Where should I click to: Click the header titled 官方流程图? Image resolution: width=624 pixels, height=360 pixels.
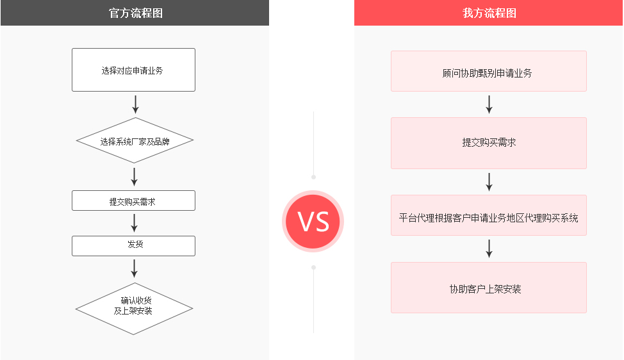click(135, 13)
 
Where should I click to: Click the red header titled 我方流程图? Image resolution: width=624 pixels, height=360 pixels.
click(488, 13)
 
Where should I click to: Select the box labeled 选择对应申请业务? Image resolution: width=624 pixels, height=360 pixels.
click(133, 70)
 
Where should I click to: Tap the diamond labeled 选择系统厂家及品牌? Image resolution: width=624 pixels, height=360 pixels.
click(135, 140)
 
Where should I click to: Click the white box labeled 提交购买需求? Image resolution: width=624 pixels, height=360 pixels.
click(133, 200)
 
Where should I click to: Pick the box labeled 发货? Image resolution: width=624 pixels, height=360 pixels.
click(133, 246)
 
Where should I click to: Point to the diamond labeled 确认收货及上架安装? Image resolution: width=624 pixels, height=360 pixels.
click(134, 309)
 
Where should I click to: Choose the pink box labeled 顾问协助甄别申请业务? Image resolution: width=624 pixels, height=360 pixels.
click(489, 71)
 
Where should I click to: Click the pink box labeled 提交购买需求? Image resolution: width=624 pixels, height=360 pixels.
click(489, 143)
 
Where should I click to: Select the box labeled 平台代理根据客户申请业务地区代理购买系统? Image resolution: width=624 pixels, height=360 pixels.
click(489, 215)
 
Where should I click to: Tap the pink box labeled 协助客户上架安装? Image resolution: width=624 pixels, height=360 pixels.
click(489, 288)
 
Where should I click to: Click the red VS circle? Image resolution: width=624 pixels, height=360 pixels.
click(313, 221)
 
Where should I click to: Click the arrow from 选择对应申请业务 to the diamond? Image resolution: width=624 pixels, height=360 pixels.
click(135, 104)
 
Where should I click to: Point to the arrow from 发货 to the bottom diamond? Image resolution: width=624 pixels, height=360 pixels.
click(135, 268)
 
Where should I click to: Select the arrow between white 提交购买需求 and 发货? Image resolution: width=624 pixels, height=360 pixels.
click(135, 223)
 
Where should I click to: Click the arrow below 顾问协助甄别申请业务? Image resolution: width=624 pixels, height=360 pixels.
click(489, 104)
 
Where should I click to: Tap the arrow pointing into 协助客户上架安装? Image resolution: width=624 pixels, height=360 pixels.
click(489, 249)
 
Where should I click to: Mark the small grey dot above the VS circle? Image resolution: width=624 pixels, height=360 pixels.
click(313, 177)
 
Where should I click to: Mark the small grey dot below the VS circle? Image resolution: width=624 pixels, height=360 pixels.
click(313, 268)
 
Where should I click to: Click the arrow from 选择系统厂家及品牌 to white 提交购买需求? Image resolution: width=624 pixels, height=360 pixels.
click(135, 177)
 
